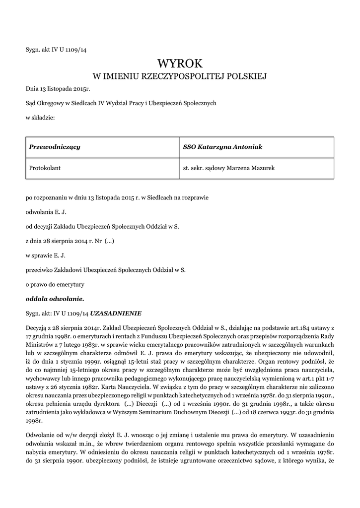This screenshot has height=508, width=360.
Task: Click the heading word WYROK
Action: click(x=180, y=63)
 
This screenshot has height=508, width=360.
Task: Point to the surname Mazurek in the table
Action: click(x=263, y=168)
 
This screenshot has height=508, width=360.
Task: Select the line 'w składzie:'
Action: click(x=40, y=118)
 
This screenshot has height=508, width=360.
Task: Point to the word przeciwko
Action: click(x=40, y=270)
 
